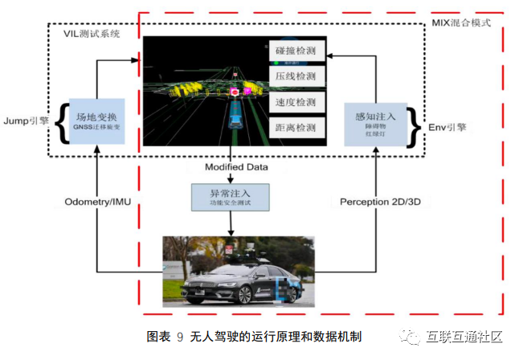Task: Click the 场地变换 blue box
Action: point(96,121)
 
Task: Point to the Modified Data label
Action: point(235,167)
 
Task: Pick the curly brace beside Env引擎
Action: point(415,123)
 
